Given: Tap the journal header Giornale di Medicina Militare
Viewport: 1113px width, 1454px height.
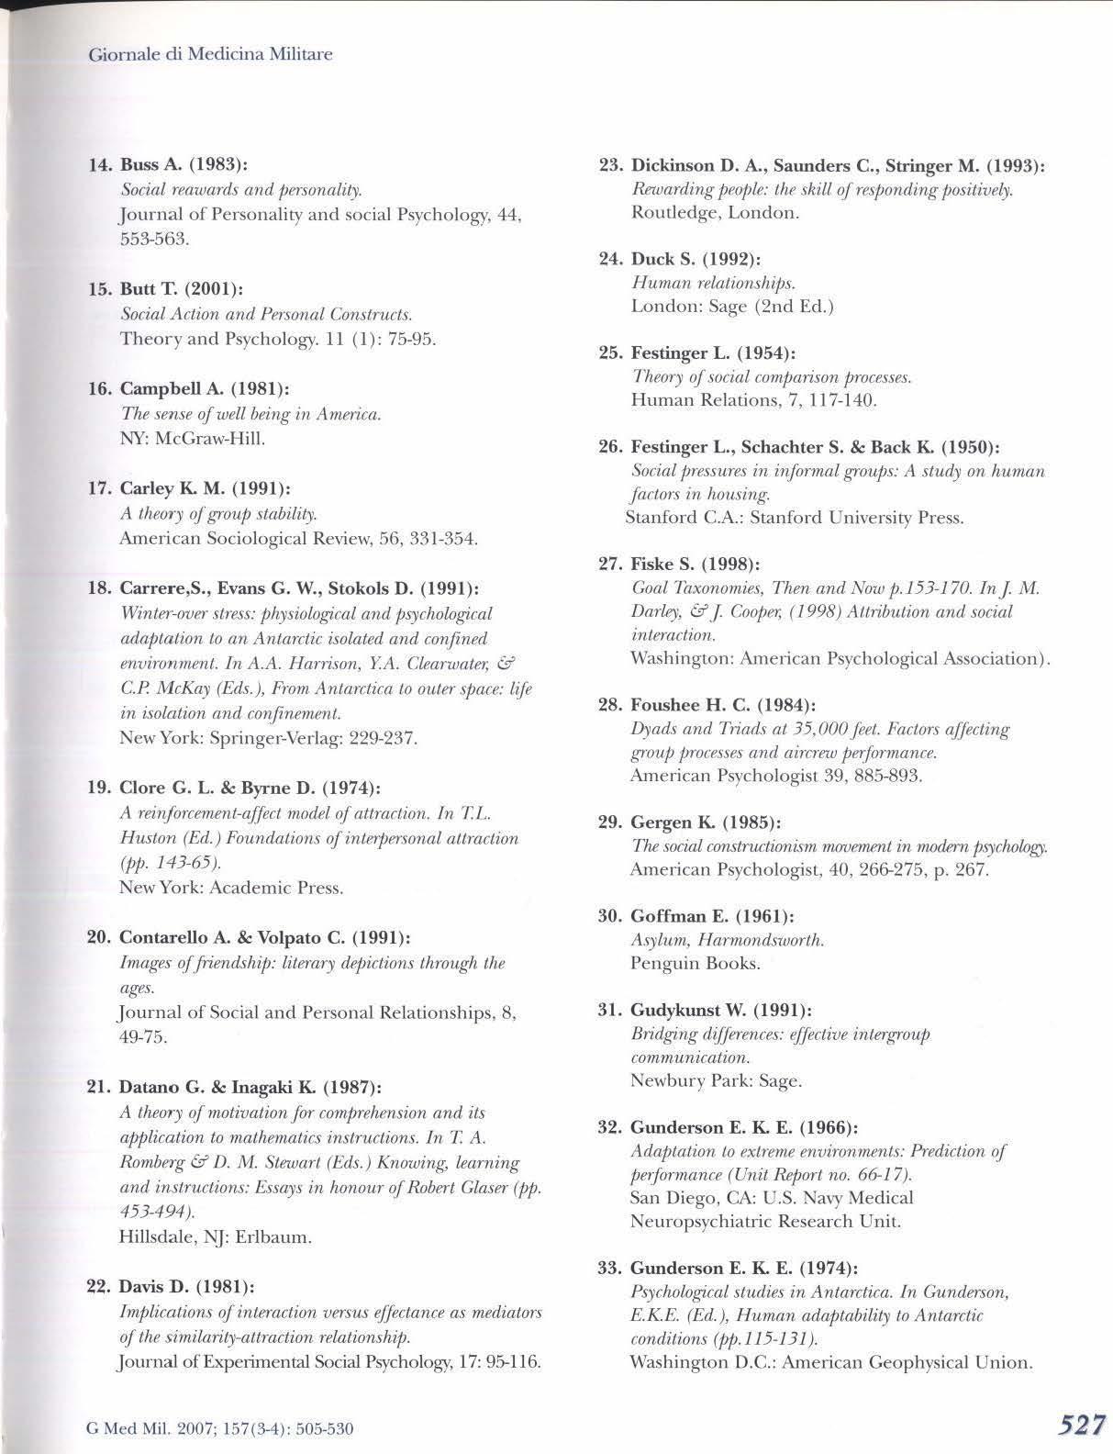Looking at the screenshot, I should pyautogui.click(x=210, y=54).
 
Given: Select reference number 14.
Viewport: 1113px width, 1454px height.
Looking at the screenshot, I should pyautogui.click(x=100, y=165).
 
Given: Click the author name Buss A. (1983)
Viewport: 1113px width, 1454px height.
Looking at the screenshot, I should pyautogui.click(x=184, y=165).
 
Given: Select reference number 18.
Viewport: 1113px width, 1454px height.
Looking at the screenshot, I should pyautogui.click(x=99, y=587).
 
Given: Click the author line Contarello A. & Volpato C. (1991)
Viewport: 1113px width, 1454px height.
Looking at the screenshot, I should pyautogui.click(x=265, y=937).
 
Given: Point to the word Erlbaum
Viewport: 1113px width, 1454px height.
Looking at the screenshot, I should pyautogui.click(x=273, y=1236).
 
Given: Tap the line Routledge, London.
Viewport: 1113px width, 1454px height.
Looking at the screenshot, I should pyautogui.click(x=715, y=213).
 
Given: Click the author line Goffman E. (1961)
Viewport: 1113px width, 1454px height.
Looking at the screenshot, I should pyautogui.click(x=712, y=915).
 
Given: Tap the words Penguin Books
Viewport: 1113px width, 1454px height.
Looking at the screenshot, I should pyautogui.click(x=695, y=963).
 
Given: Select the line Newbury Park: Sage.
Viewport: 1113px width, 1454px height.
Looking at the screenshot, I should pyautogui.click(x=716, y=1080).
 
